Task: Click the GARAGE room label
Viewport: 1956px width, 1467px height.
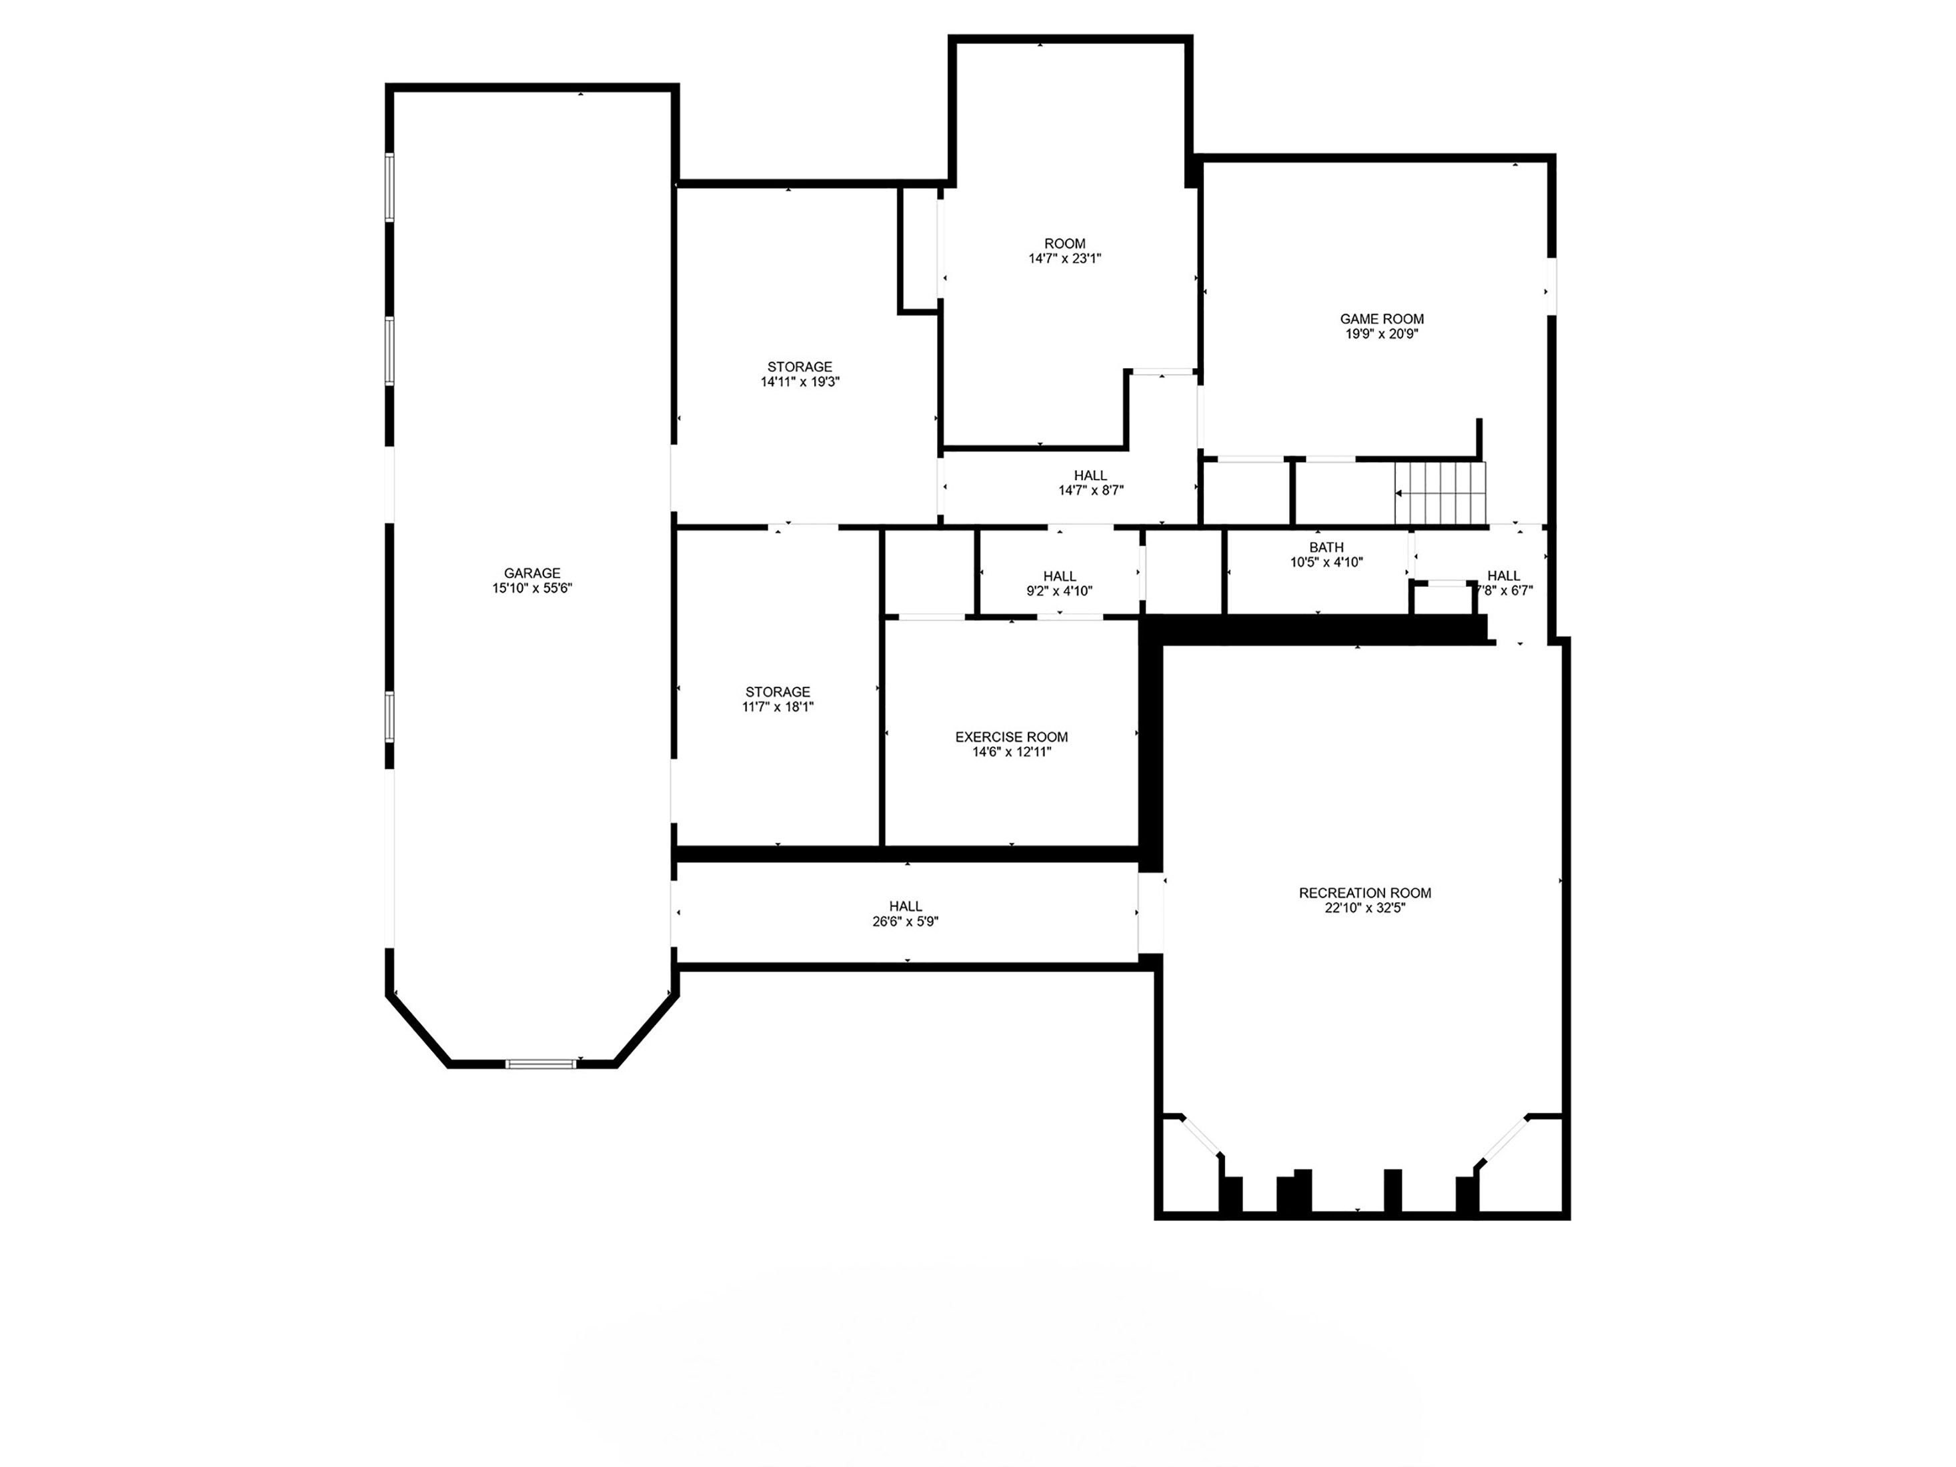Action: click(x=532, y=573)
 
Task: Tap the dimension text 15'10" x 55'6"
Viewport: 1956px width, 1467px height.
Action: click(x=532, y=588)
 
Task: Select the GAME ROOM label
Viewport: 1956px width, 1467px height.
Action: click(x=1382, y=319)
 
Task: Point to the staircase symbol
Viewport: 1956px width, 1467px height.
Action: click(x=1440, y=493)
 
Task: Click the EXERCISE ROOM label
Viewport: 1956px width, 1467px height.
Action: click(x=1012, y=737)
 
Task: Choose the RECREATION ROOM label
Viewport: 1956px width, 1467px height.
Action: click(x=1365, y=893)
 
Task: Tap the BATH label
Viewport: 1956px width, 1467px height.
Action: click(x=1326, y=547)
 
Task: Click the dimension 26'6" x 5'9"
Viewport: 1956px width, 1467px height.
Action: click(x=906, y=922)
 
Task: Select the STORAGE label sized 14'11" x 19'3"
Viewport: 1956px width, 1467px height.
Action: click(x=800, y=367)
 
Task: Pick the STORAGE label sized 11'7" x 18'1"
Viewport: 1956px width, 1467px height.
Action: click(x=778, y=692)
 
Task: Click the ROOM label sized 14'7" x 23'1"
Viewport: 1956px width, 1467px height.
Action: click(x=1064, y=244)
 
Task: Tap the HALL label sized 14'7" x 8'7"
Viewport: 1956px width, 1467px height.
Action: click(x=1090, y=475)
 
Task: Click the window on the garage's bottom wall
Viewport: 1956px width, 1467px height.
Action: click(x=541, y=1064)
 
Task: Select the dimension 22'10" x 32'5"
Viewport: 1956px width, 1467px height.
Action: click(x=1365, y=908)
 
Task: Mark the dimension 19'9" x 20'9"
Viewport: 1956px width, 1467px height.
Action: click(x=1382, y=334)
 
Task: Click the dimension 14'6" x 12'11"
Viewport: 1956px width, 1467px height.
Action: click(x=1012, y=752)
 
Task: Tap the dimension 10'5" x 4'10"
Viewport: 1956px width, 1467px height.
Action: click(x=1326, y=562)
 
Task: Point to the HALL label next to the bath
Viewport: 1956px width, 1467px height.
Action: click(x=1504, y=575)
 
